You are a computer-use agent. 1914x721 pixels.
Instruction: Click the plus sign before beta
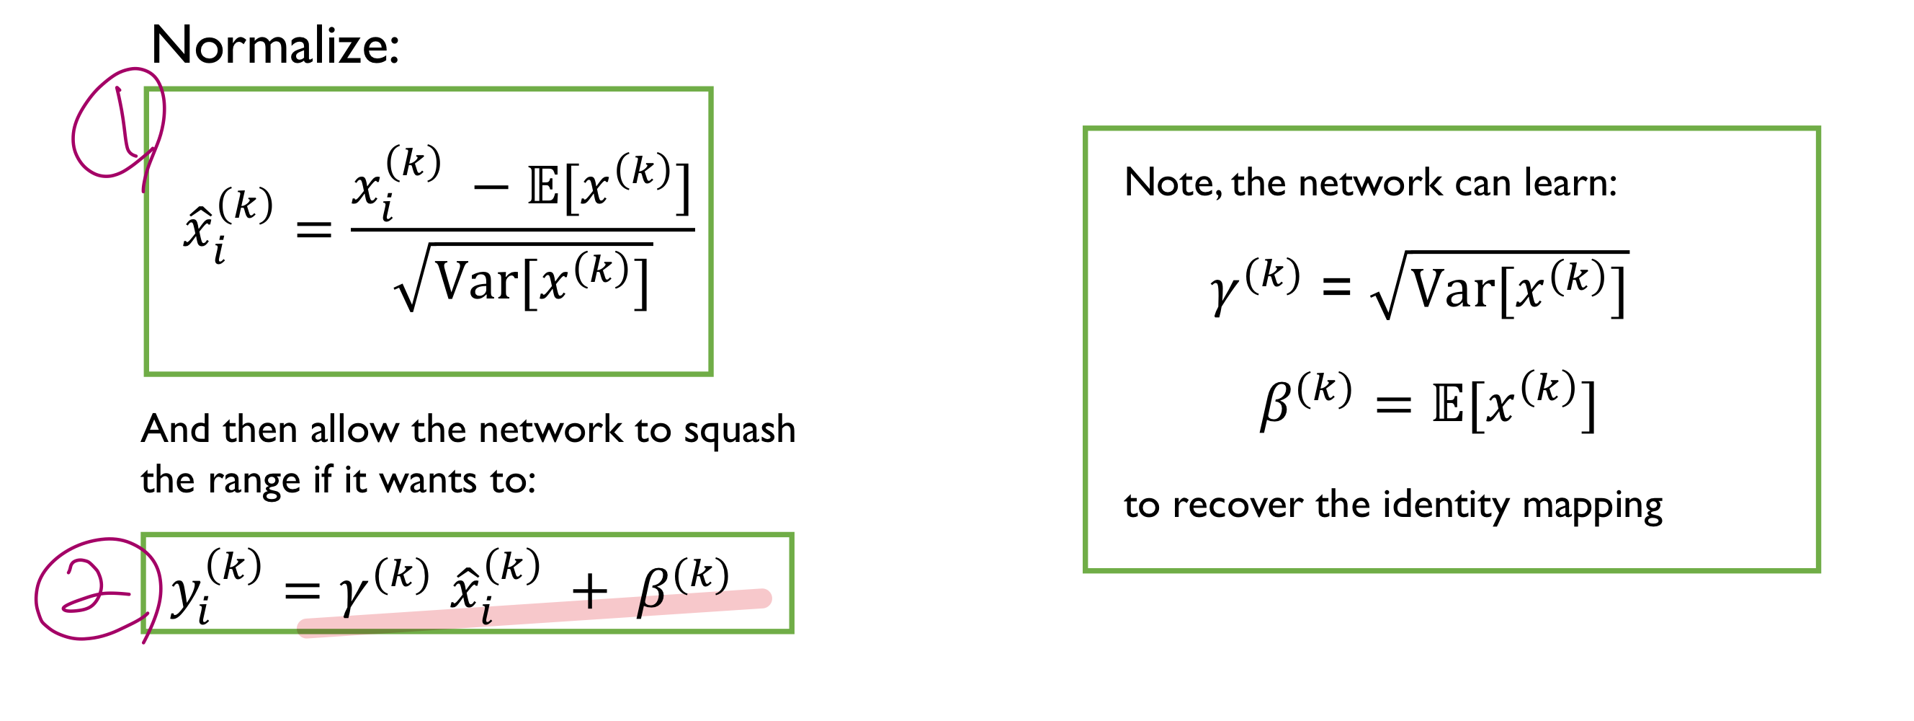(590, 593)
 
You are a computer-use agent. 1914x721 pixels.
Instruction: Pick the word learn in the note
(1568, 182)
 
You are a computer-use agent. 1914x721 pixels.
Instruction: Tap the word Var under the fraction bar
(476, 283)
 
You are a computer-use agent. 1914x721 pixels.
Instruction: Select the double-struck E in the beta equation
(1448, 405)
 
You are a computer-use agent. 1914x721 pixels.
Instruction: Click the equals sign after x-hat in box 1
(313, 231)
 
